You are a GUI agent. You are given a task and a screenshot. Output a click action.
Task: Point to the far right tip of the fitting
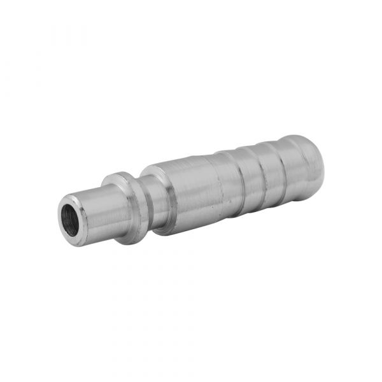[323, 159]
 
